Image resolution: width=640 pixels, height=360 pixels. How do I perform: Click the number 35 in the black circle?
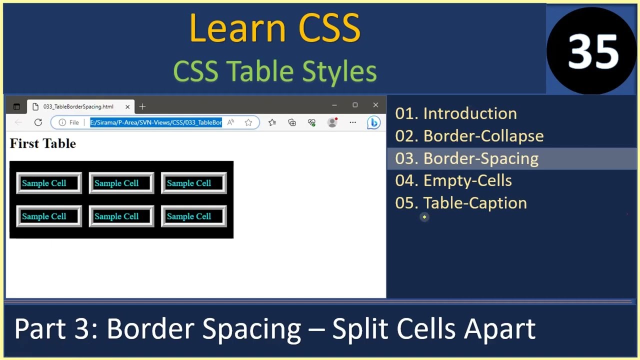593,51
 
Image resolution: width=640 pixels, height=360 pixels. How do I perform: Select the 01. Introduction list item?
456,113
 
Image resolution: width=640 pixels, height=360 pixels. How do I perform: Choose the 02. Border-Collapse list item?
469,136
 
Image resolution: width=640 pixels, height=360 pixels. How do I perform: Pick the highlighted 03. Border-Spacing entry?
466,158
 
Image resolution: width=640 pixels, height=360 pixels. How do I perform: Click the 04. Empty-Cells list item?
453,180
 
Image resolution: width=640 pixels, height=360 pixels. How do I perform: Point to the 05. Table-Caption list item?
460,203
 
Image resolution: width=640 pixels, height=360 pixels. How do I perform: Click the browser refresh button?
38,122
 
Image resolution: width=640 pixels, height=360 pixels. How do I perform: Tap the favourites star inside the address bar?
248,122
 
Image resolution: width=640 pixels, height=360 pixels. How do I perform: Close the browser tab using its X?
127,106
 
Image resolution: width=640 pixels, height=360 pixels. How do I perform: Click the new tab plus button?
142,106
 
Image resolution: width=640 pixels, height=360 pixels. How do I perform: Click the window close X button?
375,105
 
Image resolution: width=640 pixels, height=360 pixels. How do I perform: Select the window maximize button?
355,105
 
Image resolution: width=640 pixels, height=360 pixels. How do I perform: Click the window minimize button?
334,105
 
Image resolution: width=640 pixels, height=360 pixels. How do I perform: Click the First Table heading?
43,144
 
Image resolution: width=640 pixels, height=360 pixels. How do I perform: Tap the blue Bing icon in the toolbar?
373,122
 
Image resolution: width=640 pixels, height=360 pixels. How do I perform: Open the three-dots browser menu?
353,122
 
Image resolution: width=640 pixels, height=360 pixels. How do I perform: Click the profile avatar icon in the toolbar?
332,122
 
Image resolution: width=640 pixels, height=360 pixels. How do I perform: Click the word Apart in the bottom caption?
499,329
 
